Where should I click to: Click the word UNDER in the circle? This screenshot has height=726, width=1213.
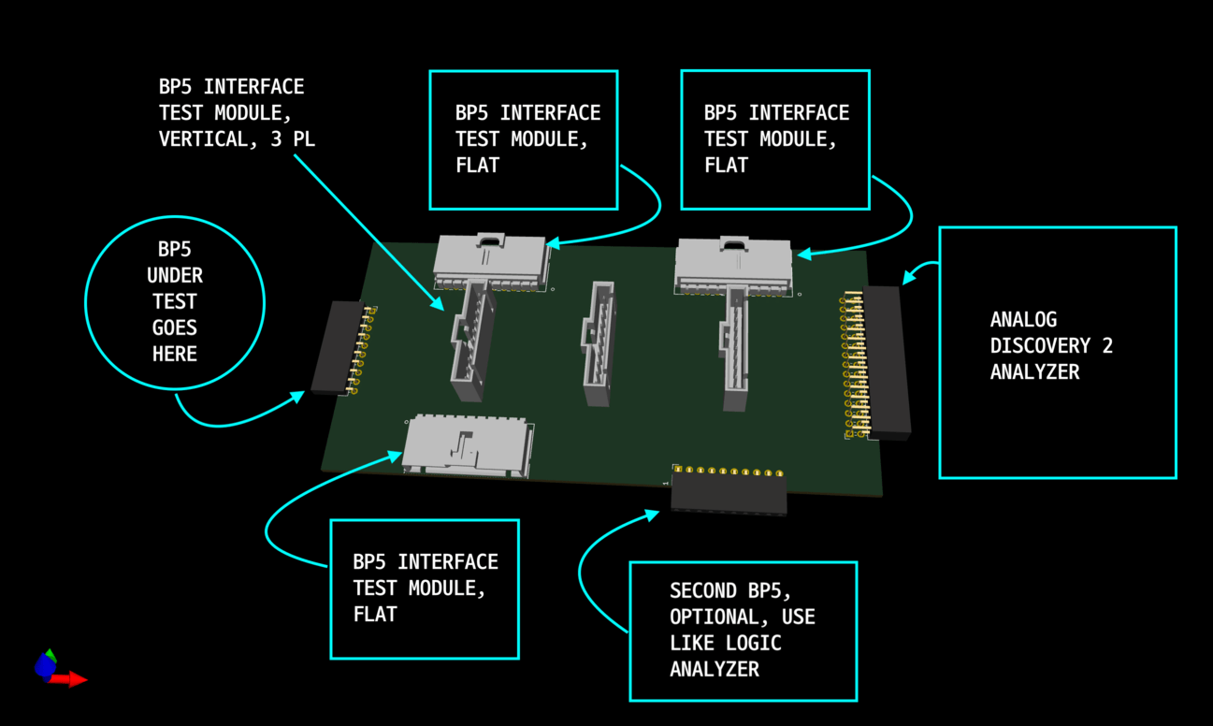(175, 276)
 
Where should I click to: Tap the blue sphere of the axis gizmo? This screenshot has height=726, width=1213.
(44, 666)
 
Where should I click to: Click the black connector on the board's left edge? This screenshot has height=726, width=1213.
(331, 347)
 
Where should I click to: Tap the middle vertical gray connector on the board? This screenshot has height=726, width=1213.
(597, 343)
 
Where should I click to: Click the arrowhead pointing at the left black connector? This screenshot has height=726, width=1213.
(298, 397)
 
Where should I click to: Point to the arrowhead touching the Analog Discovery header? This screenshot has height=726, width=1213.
(908, 277)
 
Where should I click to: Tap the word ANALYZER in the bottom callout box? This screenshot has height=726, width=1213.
(714, 669)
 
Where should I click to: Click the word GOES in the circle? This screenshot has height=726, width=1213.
(175, 328)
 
